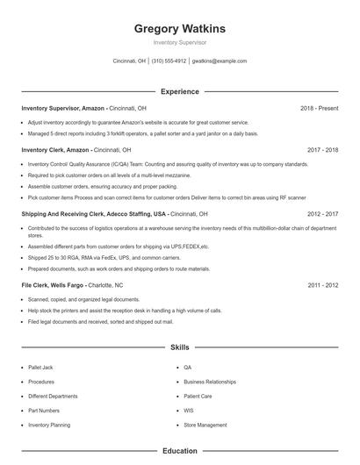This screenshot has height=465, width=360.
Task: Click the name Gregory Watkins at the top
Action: click(179, 29)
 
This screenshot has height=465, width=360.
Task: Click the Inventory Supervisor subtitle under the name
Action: click(179, 42)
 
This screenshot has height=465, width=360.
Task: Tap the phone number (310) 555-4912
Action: click(169, 61)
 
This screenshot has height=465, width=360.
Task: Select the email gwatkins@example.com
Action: click(219, 61)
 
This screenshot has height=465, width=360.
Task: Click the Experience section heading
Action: click(179, 91)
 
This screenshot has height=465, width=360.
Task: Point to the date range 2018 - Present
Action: click(319, 108)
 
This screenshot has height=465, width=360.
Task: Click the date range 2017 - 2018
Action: click(323, 150)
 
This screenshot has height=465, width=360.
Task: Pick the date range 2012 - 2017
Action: click(323, 213)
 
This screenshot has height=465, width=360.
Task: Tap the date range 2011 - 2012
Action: click(323, 285)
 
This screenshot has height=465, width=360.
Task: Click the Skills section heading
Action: click(179, 347)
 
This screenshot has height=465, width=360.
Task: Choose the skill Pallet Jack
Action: click(42, 368)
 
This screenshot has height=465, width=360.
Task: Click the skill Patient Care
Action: click(198, 396)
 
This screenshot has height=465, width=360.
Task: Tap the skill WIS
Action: click(188, 410)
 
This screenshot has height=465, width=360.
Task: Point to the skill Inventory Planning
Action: click(49, 425)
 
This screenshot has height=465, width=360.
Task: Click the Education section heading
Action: click(179, 451)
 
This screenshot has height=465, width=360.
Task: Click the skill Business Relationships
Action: click(210, 382)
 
